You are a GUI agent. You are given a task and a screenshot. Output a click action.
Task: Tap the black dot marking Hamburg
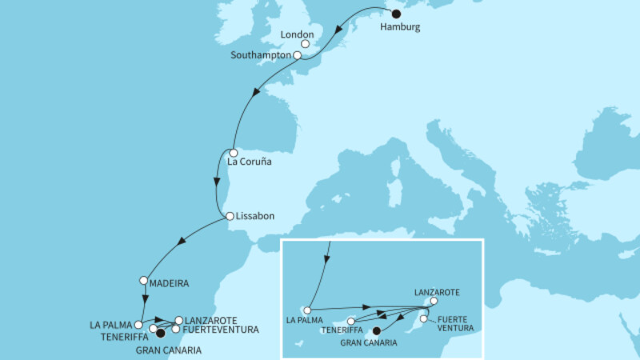click(395, 13)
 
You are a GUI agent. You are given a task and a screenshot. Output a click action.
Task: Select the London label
click(297, 35)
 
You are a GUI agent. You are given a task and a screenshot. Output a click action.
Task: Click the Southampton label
click(261, 56)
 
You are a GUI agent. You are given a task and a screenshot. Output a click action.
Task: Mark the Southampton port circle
click(298, 56)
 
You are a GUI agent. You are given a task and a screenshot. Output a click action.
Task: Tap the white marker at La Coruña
click(233, 152)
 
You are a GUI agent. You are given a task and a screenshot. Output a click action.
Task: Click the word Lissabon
click(256, 216)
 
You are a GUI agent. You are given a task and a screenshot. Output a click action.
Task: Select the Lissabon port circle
click(230, 216)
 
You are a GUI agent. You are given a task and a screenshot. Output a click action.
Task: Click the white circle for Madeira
click(143, 281)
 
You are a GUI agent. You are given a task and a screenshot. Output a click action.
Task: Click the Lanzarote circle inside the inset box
click(434, 302)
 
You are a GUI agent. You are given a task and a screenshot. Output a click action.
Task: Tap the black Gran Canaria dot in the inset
click(376, 330)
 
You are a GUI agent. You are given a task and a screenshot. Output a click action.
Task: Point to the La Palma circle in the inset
click(306, 310)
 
